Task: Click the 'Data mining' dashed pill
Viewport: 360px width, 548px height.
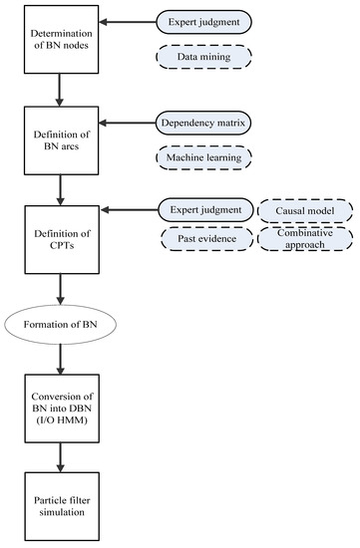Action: pyautogui.click(x=203, y=60)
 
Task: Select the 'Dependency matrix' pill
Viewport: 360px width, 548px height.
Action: pyautogui.click(x=203, y=124)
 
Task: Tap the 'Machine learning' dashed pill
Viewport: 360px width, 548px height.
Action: pyautogui.click(x=203, y=157)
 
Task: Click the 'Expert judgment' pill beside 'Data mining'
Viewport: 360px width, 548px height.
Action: pyautogui.click(x=203, y=19)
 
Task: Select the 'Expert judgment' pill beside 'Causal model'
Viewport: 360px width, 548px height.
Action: pyautogui.click(x=203, y=210)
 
